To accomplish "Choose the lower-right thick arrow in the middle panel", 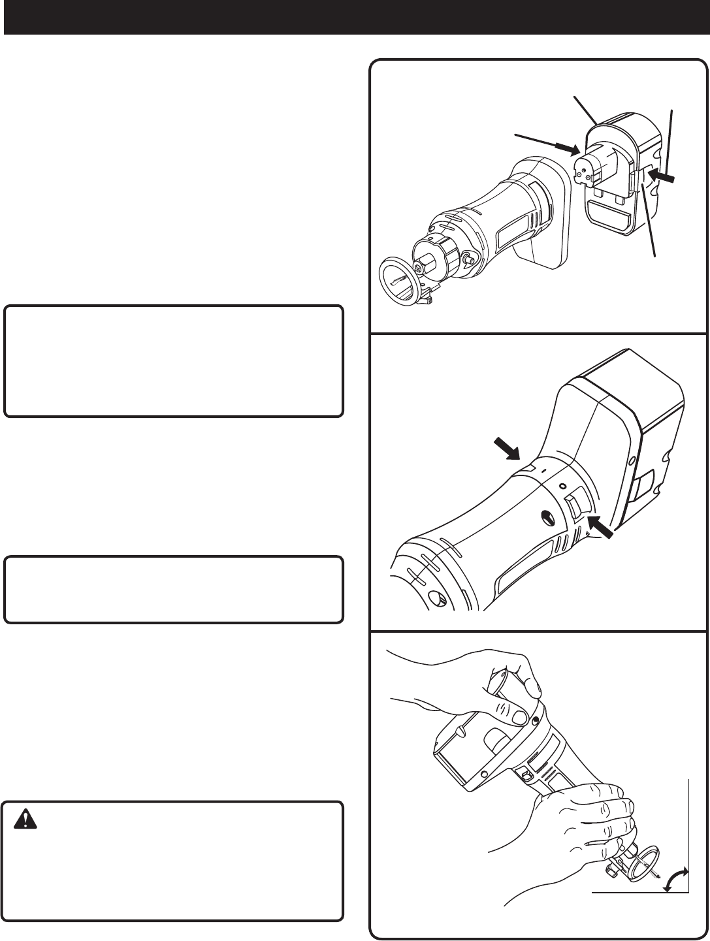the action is [601, 526].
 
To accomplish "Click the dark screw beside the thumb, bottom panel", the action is [535, 720].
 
